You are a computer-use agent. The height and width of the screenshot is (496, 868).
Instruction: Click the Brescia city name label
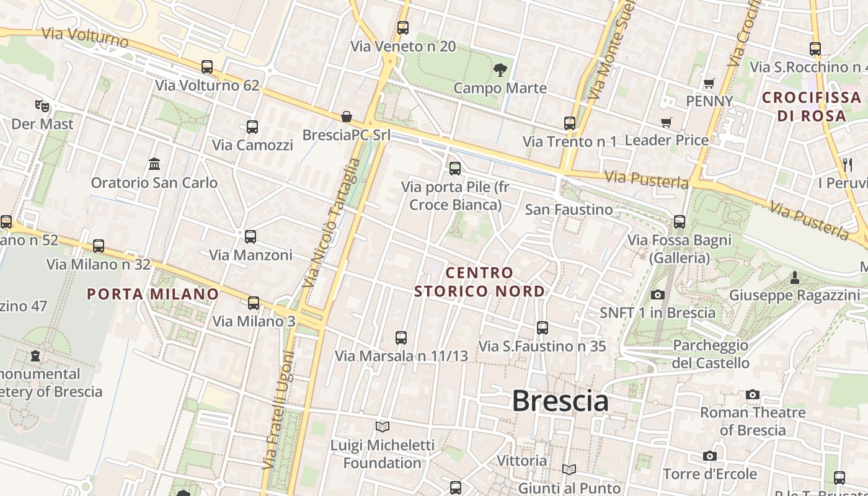[x=560, y=401]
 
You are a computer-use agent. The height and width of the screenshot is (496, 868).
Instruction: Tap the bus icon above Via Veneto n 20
[x=403, y=28]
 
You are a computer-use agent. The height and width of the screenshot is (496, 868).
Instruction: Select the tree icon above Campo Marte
[x=500, y=69]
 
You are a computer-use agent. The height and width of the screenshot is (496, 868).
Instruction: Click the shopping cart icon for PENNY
[x=709, y=83]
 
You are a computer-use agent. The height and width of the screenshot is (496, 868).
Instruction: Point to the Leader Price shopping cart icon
[x=666, y=122]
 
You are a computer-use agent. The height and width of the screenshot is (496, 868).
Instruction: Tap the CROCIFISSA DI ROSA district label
[x=812, y=107]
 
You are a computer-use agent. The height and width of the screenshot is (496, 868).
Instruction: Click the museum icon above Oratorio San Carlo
[x=154, y=164]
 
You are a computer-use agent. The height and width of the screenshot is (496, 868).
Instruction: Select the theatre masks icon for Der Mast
[x=42, y=105]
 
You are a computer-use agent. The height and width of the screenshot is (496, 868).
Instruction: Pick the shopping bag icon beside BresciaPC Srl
[x=347, y=117]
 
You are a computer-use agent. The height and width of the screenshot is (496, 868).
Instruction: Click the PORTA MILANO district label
[x=153, y=294]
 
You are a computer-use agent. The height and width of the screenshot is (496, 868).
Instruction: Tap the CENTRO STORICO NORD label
[x=480, y=282]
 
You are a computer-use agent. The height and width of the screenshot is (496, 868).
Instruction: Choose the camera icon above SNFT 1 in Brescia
[x=657, y=294]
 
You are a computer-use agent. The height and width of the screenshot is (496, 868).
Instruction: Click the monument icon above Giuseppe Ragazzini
[x=794, y=277]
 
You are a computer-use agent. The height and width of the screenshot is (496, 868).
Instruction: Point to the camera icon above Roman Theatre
[x=753, y=394]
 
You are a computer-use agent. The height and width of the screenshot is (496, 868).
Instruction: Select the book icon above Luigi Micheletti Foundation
[x=383, y=427]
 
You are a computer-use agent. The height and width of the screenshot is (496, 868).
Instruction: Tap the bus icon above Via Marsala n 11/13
[x=401, y=338]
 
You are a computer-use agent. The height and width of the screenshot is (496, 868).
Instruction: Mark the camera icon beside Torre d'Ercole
[x=710, y=456]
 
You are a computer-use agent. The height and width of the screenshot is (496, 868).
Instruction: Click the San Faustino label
[x=569, y=210]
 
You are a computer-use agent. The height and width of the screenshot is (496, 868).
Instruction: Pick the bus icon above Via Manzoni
[x=250, y=237]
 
